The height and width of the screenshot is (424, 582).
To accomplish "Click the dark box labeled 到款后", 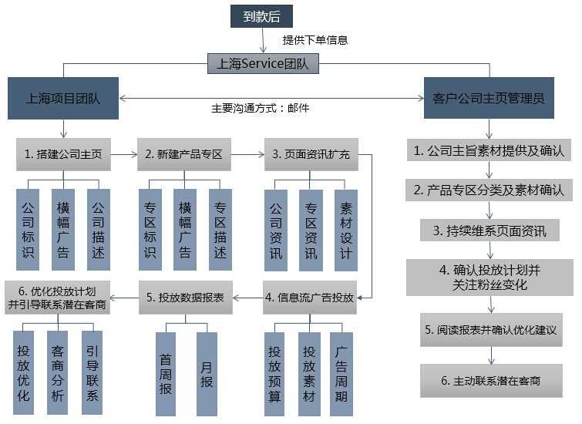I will [x=261, y=15].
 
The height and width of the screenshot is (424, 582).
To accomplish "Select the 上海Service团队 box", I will [x=263, y=64].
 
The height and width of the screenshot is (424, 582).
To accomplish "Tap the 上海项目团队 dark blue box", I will [x=62, y=98].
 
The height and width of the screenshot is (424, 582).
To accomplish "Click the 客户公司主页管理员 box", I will [x=489, y=98].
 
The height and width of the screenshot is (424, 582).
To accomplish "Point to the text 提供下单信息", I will [x=315, y=40].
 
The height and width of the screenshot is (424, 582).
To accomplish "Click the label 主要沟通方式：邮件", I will [x=261, y=109].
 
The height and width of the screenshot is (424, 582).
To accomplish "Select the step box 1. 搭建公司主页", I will [x=62, y=154].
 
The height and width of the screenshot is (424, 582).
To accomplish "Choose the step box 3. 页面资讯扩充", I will [x=311, y=154].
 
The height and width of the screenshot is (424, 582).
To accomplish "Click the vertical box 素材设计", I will [x=346, y=229].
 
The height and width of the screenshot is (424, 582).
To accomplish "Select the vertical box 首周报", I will [x=166, y=373].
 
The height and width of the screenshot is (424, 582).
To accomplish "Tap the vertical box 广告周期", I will [x=341, y=373].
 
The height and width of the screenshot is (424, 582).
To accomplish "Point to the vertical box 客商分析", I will [x=58, y=373].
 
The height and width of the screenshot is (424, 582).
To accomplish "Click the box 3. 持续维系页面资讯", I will [x=489, y=230].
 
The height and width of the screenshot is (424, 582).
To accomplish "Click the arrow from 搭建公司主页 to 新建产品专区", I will [x=123, y=154].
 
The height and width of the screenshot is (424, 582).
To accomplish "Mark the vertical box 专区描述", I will [x=220, y=229].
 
